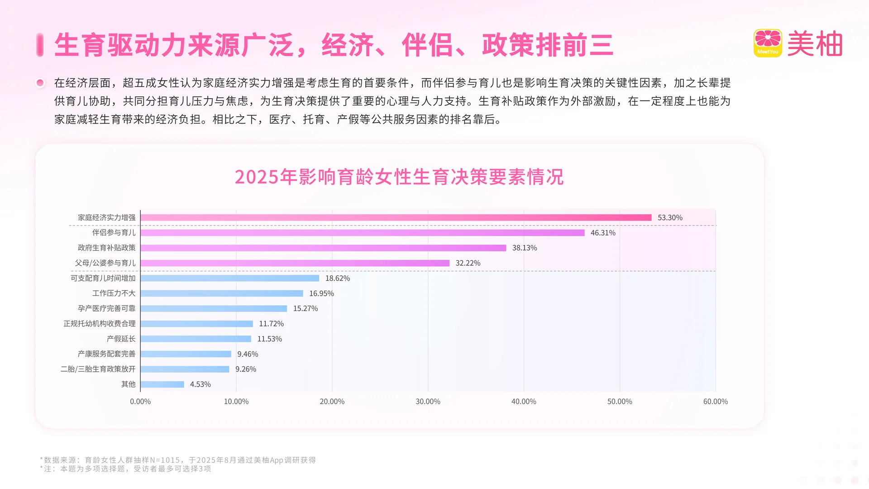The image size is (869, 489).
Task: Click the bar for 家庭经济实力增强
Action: pos(396,218)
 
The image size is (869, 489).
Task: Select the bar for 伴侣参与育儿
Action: pos(362,233)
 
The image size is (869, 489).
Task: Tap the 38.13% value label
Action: pos(524,248)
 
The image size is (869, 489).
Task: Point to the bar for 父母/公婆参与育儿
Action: pos(295,263)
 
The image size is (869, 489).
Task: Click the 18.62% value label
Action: pos(337,278)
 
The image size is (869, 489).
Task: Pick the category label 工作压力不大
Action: pos(114,293)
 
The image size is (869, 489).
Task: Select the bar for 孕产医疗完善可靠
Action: pos(214,309)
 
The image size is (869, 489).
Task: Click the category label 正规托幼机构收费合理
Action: pos(99,324)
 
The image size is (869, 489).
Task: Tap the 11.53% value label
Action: pos(269,339)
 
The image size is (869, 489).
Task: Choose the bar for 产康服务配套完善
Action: pos(186,354)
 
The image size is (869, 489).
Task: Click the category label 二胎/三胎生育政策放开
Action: pos(98,369)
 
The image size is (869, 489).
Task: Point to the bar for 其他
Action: pos(162,384)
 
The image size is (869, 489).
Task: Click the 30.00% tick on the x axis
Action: pos(428,402)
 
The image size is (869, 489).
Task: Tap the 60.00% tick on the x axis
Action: pos(715,402)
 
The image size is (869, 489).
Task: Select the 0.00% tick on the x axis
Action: pos(140,402)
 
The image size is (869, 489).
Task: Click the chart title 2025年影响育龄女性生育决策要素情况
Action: pos(399,177)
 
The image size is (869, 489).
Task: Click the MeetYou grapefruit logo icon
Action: pos(768,43)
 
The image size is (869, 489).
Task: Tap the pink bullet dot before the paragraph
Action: pos(40,83)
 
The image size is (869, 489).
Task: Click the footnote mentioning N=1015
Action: pos(178,460)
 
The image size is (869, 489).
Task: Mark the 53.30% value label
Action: pos(669,218)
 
